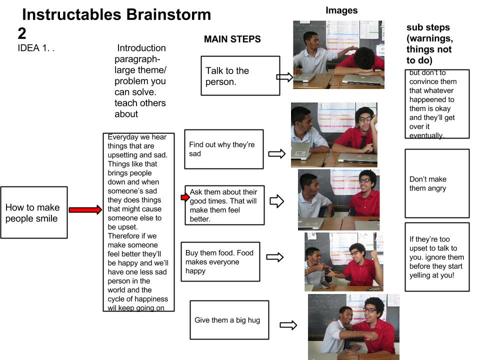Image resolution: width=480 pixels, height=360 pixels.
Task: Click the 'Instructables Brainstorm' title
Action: click(116, 14)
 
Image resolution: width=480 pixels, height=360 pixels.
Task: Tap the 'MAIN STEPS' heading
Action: click(232, 39)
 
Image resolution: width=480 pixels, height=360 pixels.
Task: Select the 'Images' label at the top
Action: click(341, 10)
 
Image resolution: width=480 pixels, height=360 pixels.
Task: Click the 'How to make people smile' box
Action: click(34, 212)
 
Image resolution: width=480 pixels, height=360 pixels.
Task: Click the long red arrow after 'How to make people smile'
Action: click(85, 209)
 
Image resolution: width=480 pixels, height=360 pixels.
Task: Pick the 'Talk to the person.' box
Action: click(240, 75)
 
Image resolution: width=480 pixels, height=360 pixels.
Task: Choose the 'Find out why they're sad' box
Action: click(224, 149)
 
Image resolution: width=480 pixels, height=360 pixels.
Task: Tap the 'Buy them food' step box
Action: click(220, 261)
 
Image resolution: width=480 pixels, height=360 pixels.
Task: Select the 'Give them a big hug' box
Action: click(229, 320)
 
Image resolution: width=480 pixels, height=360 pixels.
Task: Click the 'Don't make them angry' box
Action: click(437, 183)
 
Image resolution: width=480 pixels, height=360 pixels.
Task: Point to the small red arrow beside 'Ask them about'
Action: click(185, 197)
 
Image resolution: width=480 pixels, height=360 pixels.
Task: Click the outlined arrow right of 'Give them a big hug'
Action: click(288, 325)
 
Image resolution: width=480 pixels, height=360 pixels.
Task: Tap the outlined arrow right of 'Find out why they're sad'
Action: click(276, 153)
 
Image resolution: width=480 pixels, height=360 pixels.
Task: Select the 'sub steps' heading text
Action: click(428, 27)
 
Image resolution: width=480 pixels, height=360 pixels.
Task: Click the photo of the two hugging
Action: click(353, 327)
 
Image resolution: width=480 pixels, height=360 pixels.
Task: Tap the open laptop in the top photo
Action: click(363, 79)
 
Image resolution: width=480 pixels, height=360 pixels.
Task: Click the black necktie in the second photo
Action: click(363, 141)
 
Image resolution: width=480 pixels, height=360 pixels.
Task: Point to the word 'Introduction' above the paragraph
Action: click(141, 48)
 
